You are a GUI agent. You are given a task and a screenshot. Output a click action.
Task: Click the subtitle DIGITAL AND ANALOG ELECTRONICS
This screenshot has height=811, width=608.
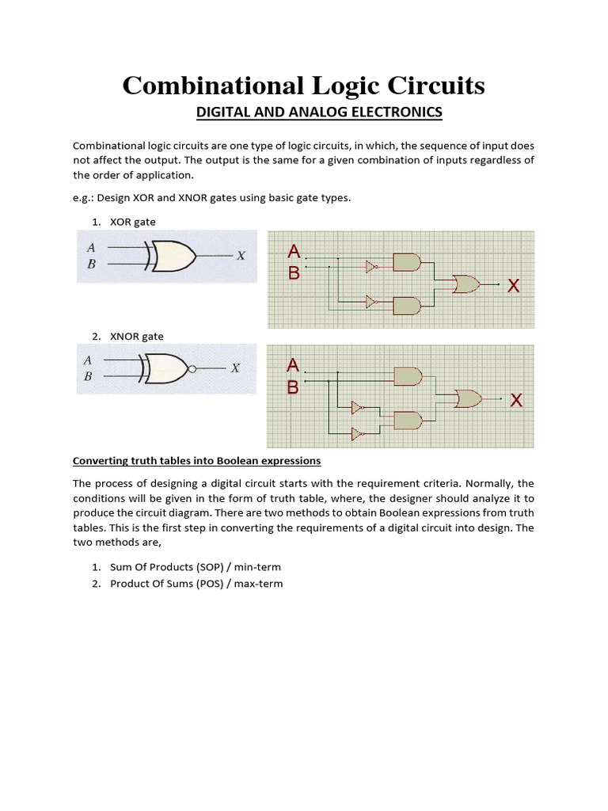coord(319,112)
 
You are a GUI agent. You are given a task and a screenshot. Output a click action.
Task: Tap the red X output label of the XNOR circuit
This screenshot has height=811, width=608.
coord(516,401)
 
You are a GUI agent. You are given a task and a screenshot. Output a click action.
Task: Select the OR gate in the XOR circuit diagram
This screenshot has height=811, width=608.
coord(465,284)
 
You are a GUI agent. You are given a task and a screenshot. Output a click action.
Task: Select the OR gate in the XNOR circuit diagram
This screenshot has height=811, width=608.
coord(467,398)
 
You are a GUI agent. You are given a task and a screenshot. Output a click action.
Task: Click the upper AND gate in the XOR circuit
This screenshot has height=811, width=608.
coord(406,262)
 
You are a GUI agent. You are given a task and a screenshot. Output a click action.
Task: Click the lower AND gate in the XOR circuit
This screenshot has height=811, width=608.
coord(406,305)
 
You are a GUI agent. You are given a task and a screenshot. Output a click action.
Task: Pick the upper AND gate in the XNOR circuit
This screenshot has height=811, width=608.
coord(408,376)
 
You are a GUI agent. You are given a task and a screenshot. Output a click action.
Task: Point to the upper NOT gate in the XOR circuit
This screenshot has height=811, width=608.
coord(371,268)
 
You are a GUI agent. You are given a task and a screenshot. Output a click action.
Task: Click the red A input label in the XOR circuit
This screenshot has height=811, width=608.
coord(294,252)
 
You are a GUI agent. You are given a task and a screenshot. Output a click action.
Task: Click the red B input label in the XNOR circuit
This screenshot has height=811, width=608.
coord(293,387)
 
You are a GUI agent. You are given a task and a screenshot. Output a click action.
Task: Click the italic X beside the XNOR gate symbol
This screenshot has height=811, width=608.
coord(234,368)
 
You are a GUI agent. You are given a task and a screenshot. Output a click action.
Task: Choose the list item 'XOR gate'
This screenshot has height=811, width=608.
coord(133,223)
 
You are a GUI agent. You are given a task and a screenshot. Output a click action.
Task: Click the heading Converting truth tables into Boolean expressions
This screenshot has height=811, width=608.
coord(196,460)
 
